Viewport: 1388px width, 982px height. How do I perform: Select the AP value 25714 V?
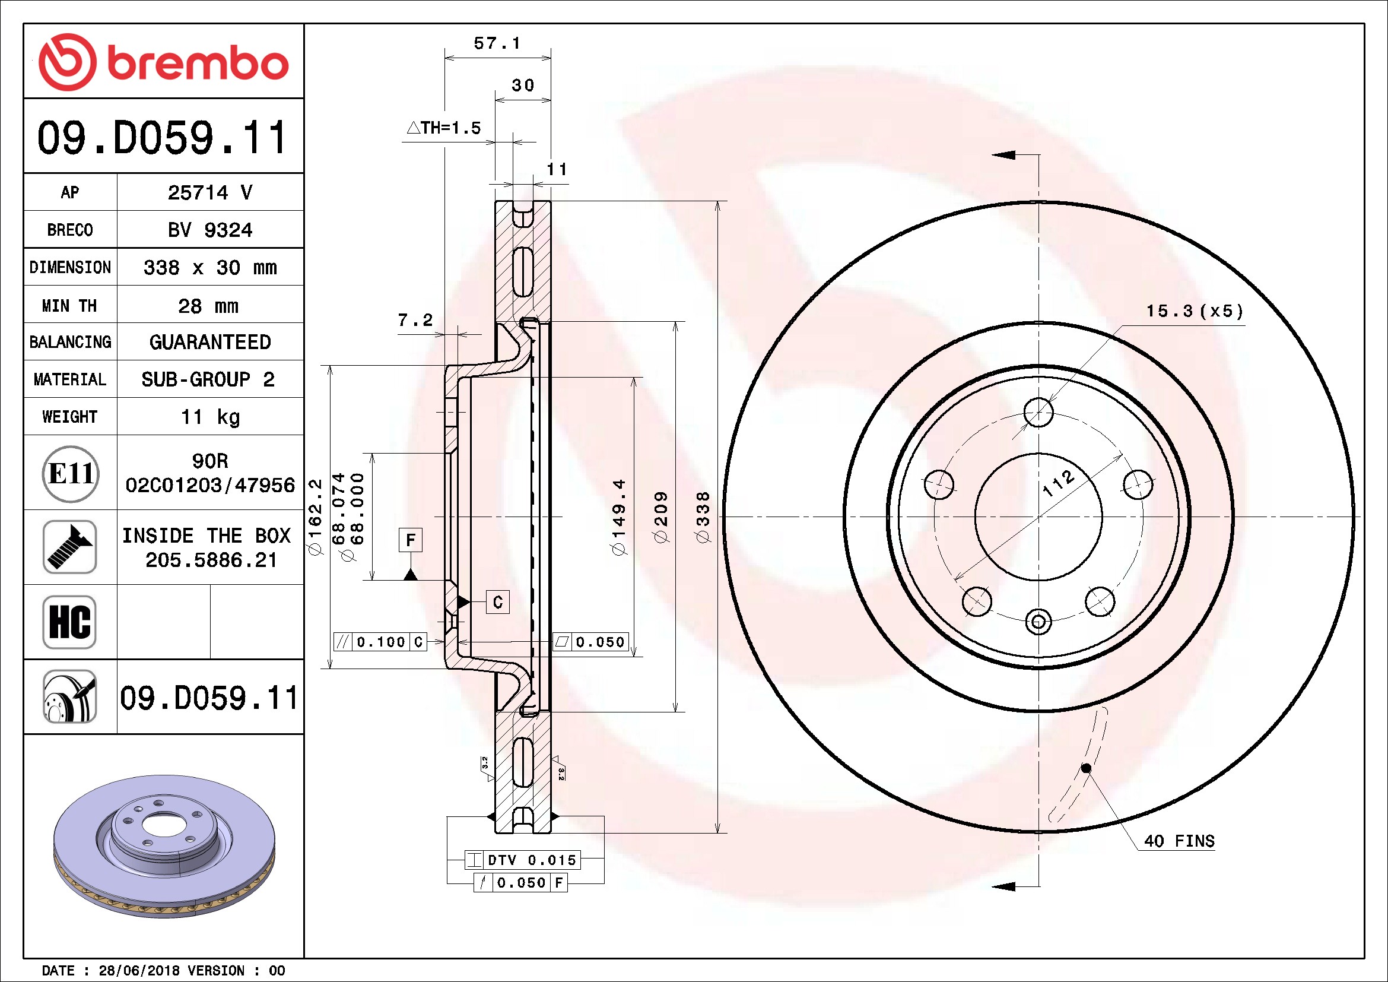click(x=209, y=192)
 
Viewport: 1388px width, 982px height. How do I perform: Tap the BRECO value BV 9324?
click(x=209, y=230)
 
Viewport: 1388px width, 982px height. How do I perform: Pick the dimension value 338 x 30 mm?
click(x=209, y=267)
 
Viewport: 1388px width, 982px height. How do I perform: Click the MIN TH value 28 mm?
click(x=208, y=306)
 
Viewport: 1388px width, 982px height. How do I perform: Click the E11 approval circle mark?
click(x=71, y=473)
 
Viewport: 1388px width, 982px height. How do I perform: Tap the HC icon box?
click(x=69, y=622)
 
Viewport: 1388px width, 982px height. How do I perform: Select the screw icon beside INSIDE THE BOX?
click(x=69, y=547)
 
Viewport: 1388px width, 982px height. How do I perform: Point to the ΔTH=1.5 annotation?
click(x=444, y=128)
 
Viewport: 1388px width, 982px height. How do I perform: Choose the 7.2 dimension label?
click(x=415, y=320)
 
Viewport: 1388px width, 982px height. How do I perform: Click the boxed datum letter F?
click(x=411, y=539)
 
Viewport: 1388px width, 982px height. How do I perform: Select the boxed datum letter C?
click(x=497, y=601)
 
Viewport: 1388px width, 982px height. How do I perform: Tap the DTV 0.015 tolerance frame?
click(x=522, y=860)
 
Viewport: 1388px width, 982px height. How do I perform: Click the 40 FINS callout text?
click(x=1179, y=841)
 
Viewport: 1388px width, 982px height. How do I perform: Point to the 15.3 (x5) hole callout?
click(x=1195, y=312)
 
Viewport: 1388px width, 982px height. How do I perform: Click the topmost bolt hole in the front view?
click(x=1038, y=413)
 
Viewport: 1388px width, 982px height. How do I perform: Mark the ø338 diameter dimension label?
click(x=703, y=517)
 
